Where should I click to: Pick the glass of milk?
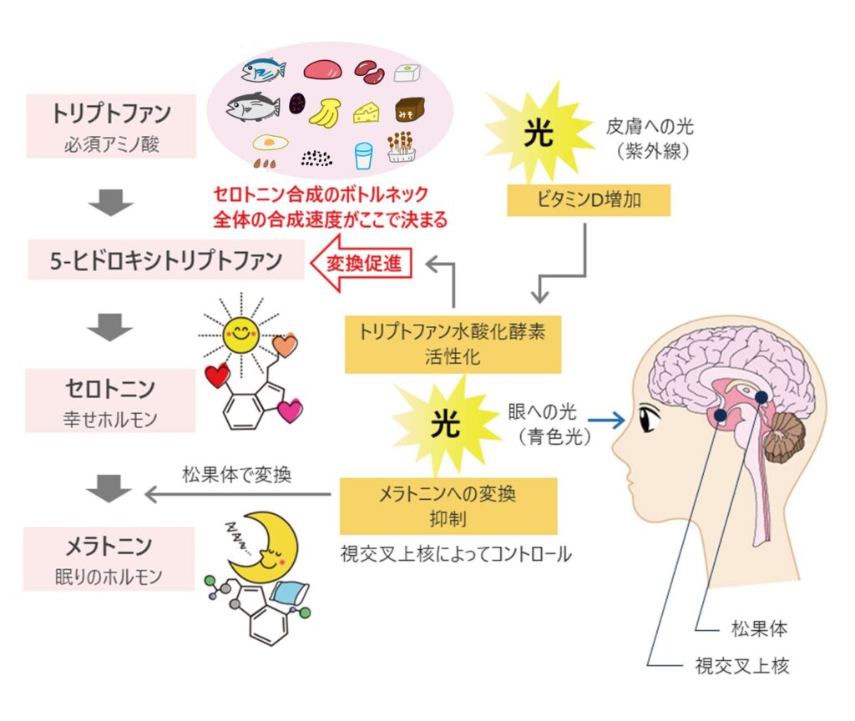(363, 154)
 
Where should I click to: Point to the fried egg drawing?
(269, 141)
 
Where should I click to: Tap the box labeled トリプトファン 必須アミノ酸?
(111, 125)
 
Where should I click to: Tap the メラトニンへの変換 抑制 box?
(448, 506)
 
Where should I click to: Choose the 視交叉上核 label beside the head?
(742, 665)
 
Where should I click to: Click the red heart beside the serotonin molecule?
(218, 376)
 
